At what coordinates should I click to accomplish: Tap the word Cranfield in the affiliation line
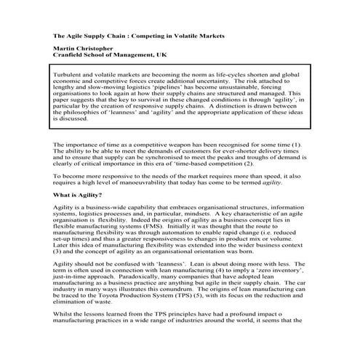click(71, 57)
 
